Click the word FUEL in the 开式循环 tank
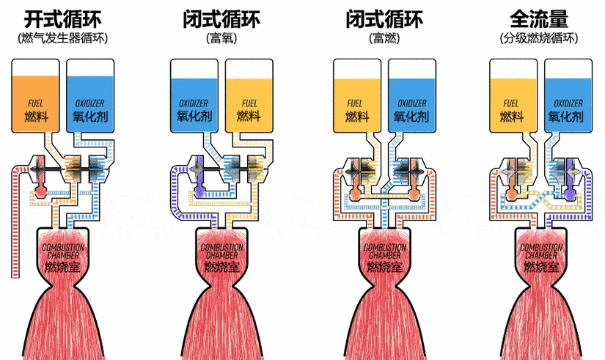coord(35,103)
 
